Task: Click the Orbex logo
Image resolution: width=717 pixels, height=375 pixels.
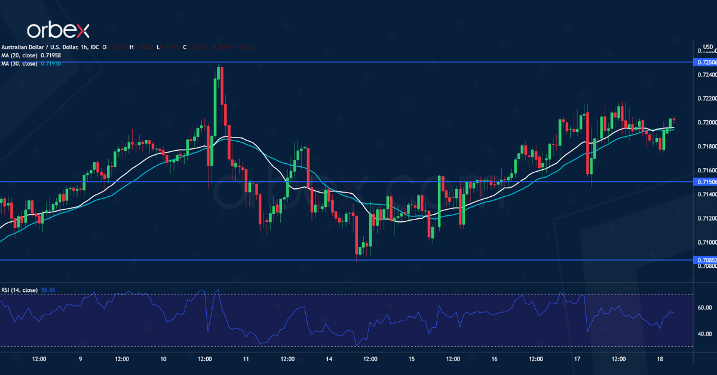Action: click(x=57, y=30)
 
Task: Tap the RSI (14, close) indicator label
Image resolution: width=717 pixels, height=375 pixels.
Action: click(x=19, y=290)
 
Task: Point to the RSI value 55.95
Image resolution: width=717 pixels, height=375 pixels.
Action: click(x=47, y=290)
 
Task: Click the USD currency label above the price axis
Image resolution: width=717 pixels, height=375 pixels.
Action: click(x=708, y=47)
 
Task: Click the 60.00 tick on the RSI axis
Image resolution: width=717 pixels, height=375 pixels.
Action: click(x=705, y=308)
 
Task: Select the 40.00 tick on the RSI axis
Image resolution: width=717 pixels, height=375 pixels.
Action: click(x=705, y=334)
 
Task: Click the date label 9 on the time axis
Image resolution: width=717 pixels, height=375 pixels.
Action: click(x=80, y=359)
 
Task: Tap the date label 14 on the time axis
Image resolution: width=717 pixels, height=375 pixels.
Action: click(x=329, y=359)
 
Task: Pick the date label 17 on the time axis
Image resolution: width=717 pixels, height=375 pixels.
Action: click(x=577, y=359)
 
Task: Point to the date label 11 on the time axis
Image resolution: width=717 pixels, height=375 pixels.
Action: click(x=246, y=359)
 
